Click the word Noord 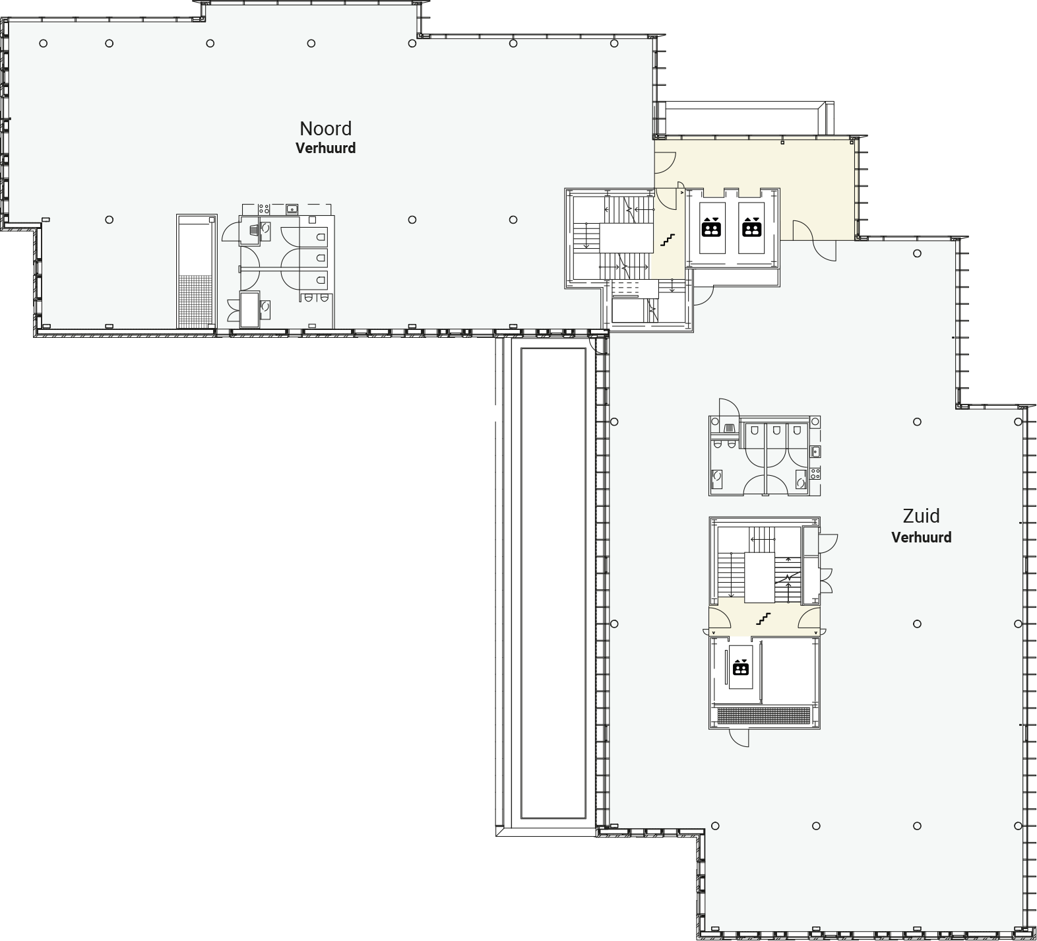pos(325,128)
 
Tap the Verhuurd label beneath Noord pos(325,148)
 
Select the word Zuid pos(921,516)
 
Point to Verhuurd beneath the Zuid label pos(921,537)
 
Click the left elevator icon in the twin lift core pos(711,227)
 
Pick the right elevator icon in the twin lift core pos(751,227)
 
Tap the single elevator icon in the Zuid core pos(741,668)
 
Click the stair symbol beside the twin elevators pos(668,240)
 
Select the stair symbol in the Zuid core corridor pos(763,619)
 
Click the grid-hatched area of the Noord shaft pos(195,301)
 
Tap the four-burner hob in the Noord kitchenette pos(263,209)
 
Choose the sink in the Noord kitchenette pos(292,209)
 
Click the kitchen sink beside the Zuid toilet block pos(816,451)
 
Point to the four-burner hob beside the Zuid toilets pos(816,472)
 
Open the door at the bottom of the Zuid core pos(739,738)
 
